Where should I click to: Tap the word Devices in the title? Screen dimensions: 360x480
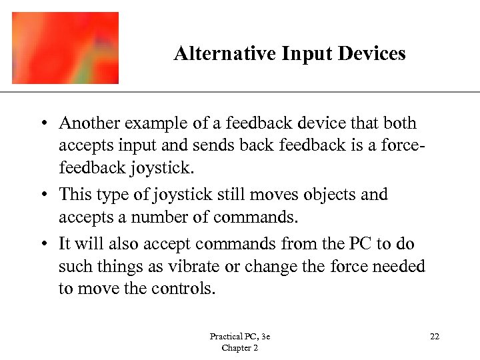[x=373, y=53]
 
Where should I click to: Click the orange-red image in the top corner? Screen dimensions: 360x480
[x=65, y=48]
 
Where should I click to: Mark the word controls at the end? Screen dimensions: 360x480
[x=184, y=289]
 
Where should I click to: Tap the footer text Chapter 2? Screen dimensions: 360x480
[x=239, y=348]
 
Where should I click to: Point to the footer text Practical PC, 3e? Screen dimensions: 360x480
[x=239, y=337]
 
